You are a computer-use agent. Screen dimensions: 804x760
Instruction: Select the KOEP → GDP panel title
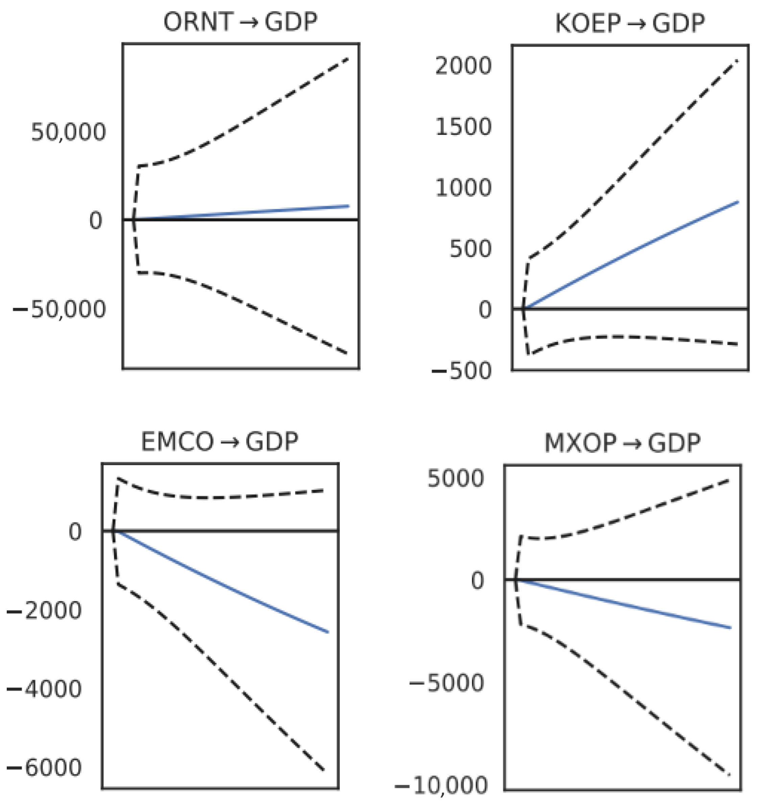pyautogui.click(x=630, y=24)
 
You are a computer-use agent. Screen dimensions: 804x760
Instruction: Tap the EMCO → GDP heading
pyautogui.click(x=219, y=442)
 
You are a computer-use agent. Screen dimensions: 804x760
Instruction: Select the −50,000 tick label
pyautogui.click(x=60, y=310)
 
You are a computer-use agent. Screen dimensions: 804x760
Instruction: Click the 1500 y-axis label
pyautogui.click(x=463, y=127)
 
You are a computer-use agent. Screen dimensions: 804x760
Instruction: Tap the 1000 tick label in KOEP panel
pyautogui.click(x=463, y=188)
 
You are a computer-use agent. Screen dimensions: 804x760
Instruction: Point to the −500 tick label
pyautogui.click(x=462, y=371)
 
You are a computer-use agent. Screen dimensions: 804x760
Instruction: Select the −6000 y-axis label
pyautogui.click(x=45, y=768)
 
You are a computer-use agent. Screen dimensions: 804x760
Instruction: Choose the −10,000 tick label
pyautogui.click(x=442, y=786)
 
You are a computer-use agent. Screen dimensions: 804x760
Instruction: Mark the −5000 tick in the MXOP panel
pyautogui.click(x=447, y=683)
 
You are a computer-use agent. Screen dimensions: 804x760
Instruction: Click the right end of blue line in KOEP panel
pyautogui.click(x=738, y=202)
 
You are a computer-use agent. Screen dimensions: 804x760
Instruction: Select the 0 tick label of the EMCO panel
pyautogui.click(x=75, y=532)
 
